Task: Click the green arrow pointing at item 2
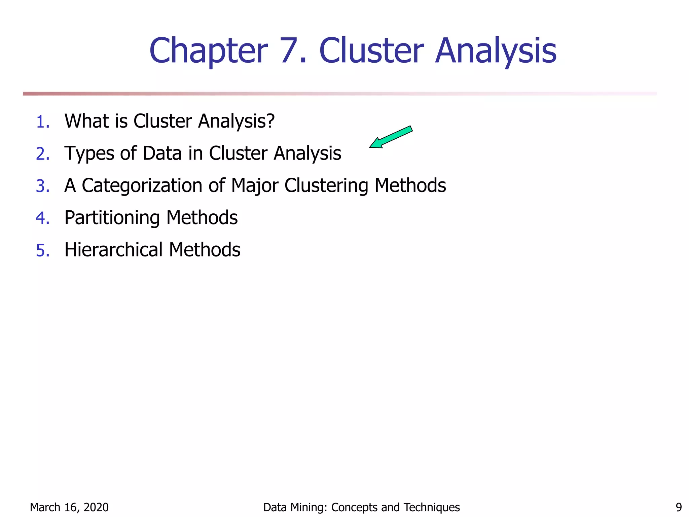click(x=391, y=137)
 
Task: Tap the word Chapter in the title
click(x=209, y=51)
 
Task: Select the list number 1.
click(x=42, y=122)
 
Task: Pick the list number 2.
click(x=43, y=154)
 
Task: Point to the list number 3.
click(x=43, y=186)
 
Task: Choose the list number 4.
click(x=43, y=218)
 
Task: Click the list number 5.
click(x=43, y=250)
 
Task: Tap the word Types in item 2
click(x=89, y=153)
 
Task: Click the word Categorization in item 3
click(x=142, y=186)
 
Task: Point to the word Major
click(x=255, y=186)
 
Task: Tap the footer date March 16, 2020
click(x=69, y=507)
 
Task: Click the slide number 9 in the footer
click(x=679, y=507)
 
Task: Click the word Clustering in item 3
click(x=326, y=186)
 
